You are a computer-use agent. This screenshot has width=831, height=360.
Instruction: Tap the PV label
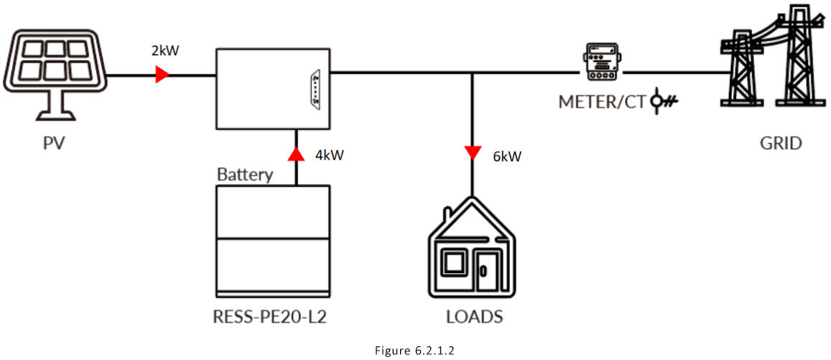54,144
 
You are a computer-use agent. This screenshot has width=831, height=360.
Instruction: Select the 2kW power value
166,52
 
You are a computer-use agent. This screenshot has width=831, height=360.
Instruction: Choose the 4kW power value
330,154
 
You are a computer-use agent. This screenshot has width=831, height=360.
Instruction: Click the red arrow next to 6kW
472,152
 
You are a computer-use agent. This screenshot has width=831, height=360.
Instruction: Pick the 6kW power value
507,156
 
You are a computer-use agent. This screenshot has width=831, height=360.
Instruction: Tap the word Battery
245,175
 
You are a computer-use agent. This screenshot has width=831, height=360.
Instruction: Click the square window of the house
455,264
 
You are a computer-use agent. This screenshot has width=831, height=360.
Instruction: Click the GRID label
781,144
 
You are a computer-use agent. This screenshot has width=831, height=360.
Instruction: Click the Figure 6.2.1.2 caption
415,350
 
